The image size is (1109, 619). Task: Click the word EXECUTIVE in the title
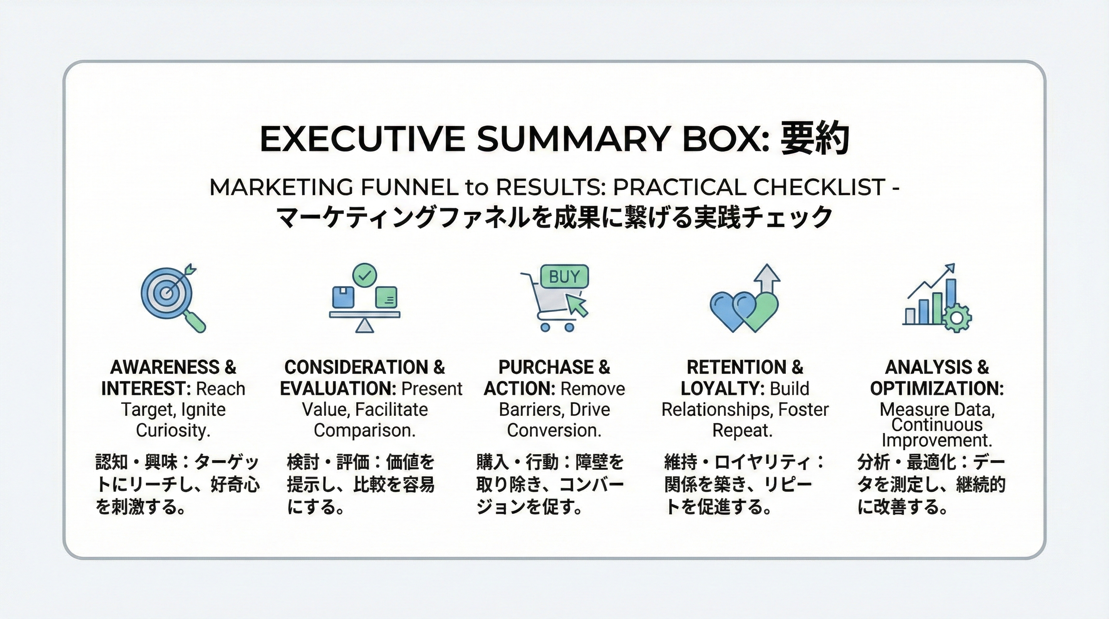pos(362,139)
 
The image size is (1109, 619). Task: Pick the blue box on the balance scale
pos(343,297)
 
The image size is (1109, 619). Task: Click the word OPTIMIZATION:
pos(937,389)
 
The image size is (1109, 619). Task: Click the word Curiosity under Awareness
pos(173,430)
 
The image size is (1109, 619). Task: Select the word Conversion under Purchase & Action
pos(554,430)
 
